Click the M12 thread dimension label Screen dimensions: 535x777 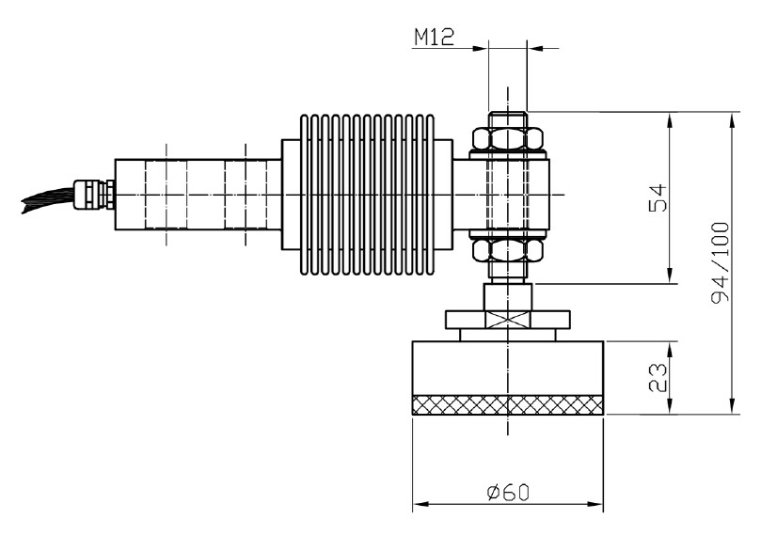click(x=434, y=37)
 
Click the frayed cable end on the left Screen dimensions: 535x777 click(x=42, y=200)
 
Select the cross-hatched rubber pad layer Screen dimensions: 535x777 click(x=508, y=404)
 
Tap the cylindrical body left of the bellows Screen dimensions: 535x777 click(x=198, y=195)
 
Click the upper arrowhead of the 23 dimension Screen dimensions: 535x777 click(x=669, y=346)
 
